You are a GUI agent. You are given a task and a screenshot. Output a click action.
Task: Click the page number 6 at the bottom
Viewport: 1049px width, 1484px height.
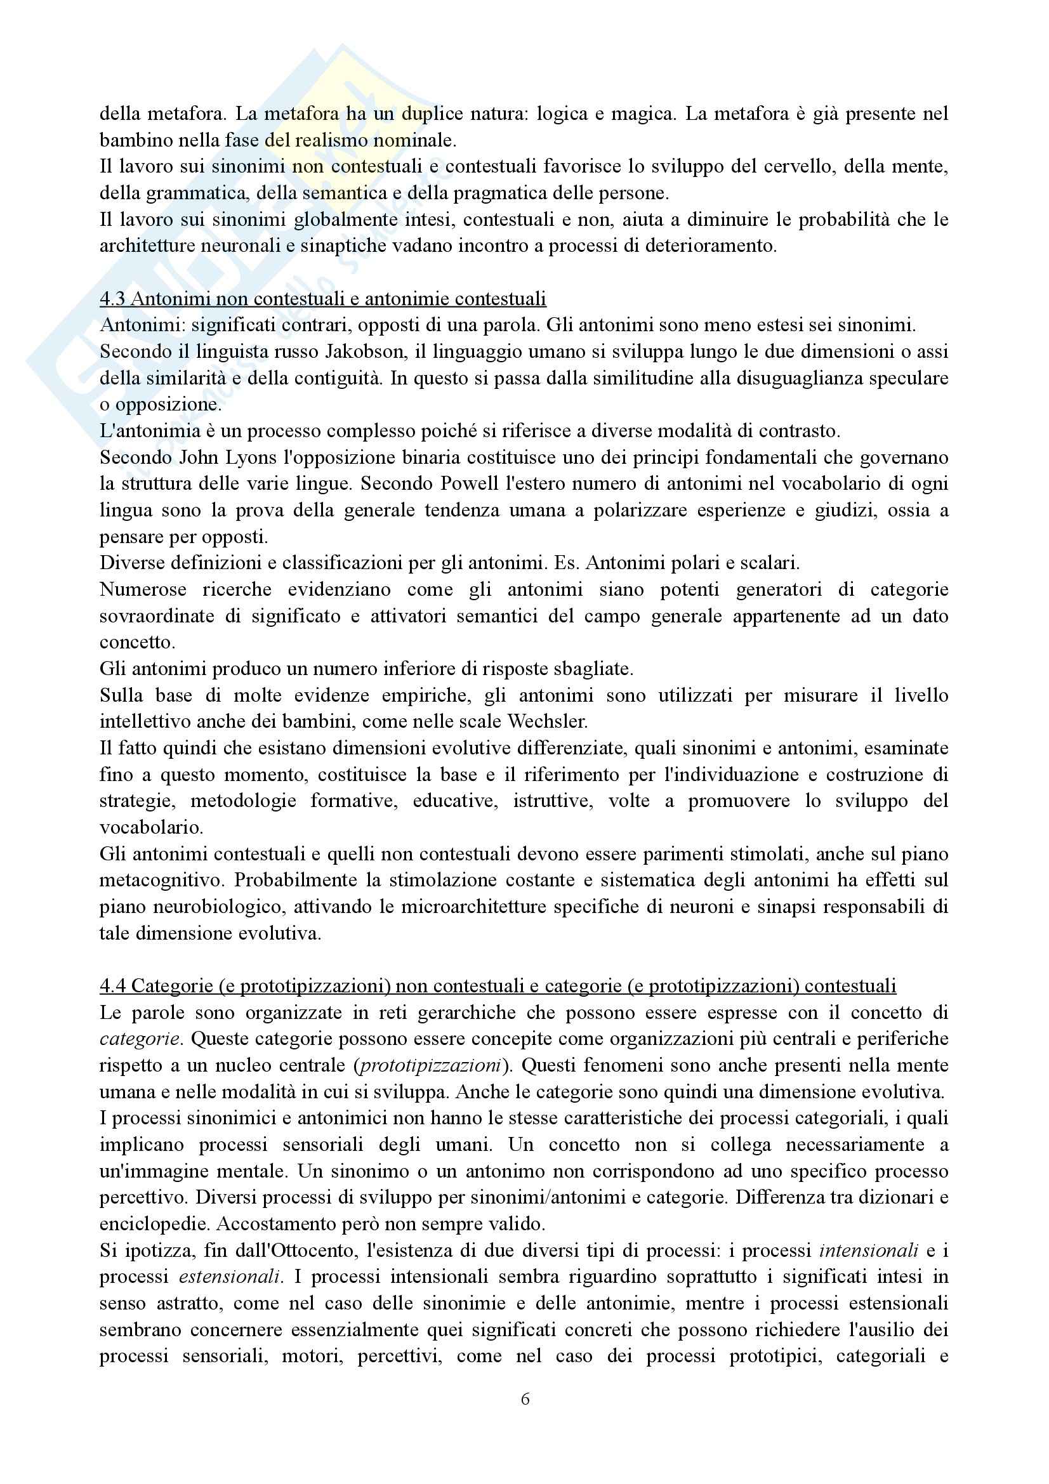(x=525, y=1399)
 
